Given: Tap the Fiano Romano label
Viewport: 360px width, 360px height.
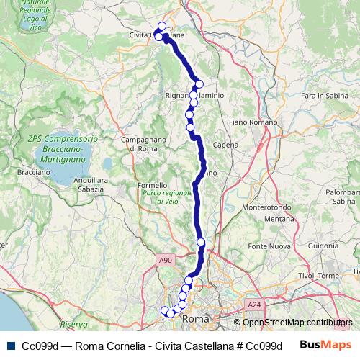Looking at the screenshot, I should (248, 122).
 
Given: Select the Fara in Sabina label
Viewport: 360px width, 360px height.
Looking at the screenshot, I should (319, 96).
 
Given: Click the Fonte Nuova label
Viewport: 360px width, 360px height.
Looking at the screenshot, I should (269, 246).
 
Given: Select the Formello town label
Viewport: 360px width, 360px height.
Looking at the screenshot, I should (152, 185).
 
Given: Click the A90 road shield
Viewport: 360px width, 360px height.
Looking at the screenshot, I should (166, 260).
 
